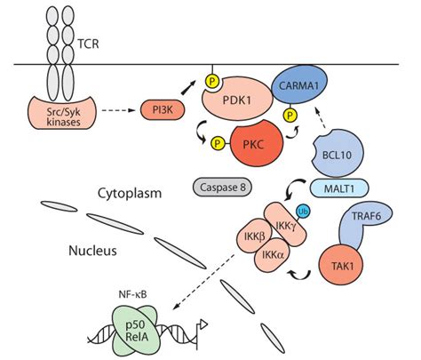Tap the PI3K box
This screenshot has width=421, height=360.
[x=161, y=110]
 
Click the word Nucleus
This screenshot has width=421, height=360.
[x=91, y=251]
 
